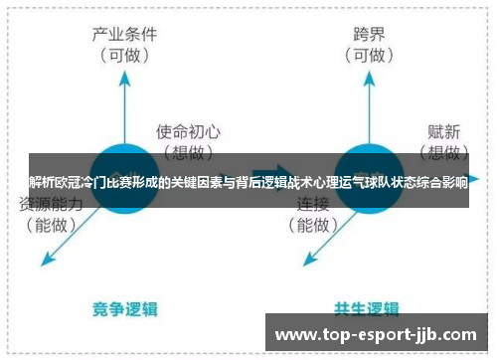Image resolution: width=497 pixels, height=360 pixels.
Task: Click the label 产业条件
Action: coord(123,33)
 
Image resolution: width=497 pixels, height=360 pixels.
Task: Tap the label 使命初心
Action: coord(189,130)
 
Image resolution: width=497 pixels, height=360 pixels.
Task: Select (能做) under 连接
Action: coord(315,225)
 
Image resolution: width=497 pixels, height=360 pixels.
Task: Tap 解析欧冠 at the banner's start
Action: coord(54,181)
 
